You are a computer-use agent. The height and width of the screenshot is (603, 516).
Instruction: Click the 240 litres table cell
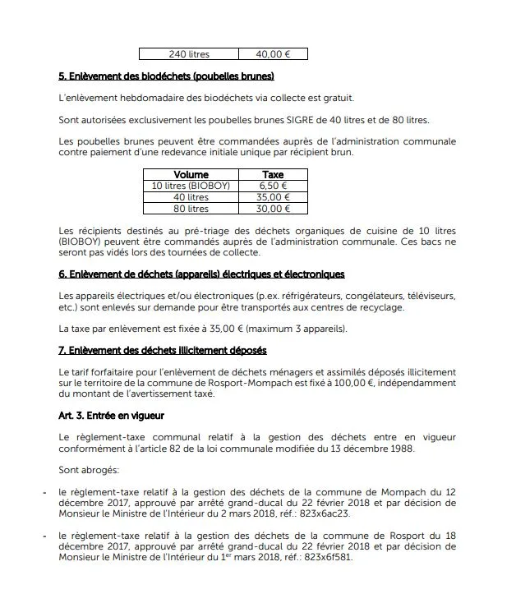coord(189,54)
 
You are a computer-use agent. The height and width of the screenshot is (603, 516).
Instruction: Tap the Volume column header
coord(191,175)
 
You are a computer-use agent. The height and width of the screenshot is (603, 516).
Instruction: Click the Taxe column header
coord(273,175)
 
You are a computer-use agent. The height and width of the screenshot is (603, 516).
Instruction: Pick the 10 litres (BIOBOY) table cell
coord(191,186)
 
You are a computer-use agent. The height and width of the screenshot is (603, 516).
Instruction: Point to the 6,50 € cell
coord(273,186)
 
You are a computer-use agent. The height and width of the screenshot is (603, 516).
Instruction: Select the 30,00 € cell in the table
coord(273,209)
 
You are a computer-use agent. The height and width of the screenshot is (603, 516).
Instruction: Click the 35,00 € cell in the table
coord(273,197)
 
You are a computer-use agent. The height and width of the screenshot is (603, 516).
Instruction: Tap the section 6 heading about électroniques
coord(201,274)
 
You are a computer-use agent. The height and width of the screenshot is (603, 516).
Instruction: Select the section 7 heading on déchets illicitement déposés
coord(163,351)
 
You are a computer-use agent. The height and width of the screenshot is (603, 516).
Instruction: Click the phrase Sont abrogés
coord(89,470)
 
